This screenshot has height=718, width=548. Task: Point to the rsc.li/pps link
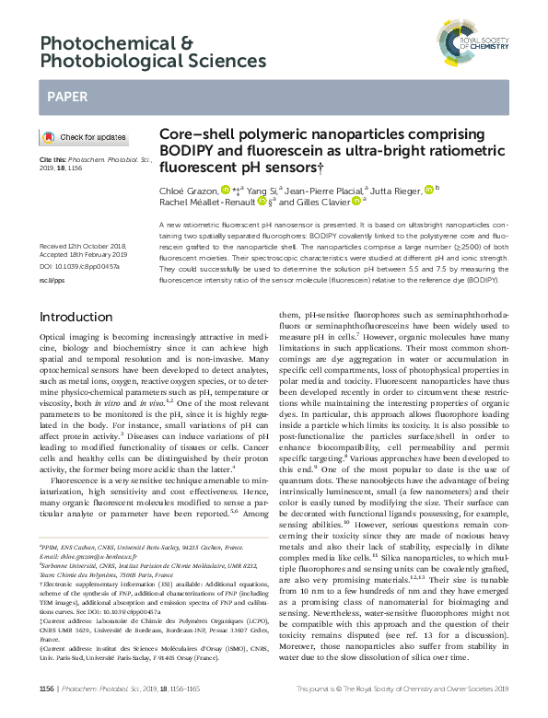pyautogui.click(x=51, y=276)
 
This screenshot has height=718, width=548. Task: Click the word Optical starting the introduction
pyautogui.click(x=53, y=340)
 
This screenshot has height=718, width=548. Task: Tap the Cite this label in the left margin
pyautogui.click(x=52, y=158)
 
